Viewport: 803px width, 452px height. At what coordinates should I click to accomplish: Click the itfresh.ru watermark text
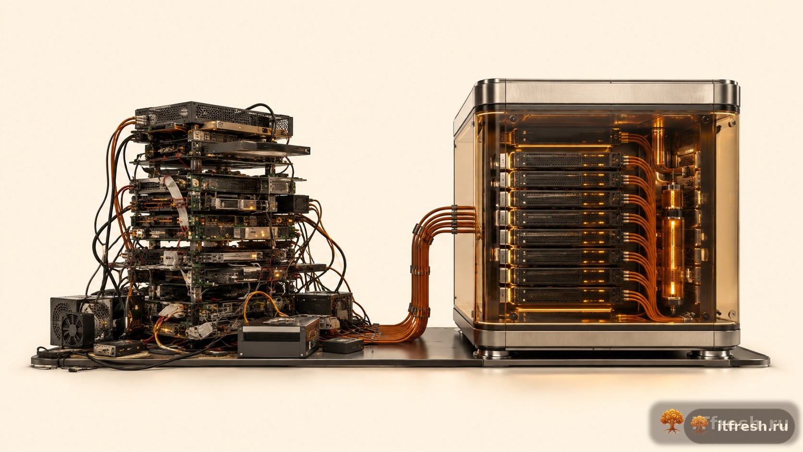tap(753, 426)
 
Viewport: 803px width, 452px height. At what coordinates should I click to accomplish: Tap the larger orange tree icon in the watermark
tap(672, 421)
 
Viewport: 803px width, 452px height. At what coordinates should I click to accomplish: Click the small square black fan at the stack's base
tap(77, 330)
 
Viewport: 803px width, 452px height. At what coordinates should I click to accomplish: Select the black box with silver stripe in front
tap(279, 336)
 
